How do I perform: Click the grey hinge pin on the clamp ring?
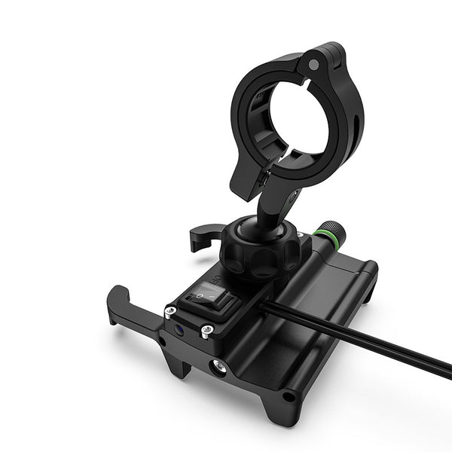click(313, 65)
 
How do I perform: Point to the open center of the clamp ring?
click(294, 121)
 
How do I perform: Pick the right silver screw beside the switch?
click(206, 329)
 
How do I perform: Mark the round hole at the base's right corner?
click(288, 395)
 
